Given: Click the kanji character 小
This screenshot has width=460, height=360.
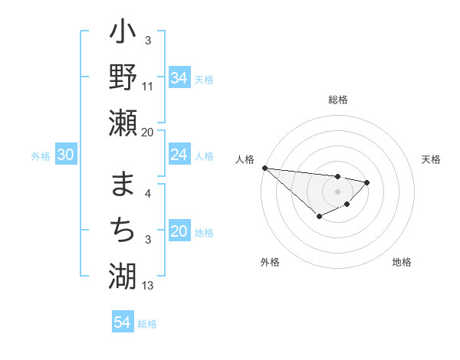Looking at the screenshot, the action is click(123, 34).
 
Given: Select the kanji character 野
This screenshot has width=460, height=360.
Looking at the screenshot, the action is click(123, 77).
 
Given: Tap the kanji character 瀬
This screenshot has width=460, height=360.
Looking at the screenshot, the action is click(123, 123).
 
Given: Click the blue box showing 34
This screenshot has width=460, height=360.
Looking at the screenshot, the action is click(179, 77).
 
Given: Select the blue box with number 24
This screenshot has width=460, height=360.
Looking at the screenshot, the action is click(179, 155).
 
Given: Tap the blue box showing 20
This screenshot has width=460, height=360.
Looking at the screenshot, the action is click(179, 231).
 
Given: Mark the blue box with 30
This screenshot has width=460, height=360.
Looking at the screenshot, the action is click(65, 155).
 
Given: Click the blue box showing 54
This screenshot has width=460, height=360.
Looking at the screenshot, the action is click(122, 322).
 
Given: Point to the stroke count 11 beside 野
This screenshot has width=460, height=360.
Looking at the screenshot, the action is click(148, 87).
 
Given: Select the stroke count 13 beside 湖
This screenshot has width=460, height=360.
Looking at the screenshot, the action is click(148, 286).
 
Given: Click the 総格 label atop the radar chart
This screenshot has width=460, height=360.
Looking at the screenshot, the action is click(337, 100).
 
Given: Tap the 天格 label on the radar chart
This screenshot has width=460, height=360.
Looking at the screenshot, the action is click(431, 159).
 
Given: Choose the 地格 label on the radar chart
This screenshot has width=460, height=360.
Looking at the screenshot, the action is click(402, 262).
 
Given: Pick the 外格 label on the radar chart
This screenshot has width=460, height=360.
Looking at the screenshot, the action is click(269, 262).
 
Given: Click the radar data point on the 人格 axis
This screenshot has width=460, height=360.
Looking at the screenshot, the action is click(264, 168).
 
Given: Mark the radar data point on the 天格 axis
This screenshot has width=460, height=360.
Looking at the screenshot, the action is click(367, 182).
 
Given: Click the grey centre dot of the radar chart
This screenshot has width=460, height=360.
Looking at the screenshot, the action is click(337, 191).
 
